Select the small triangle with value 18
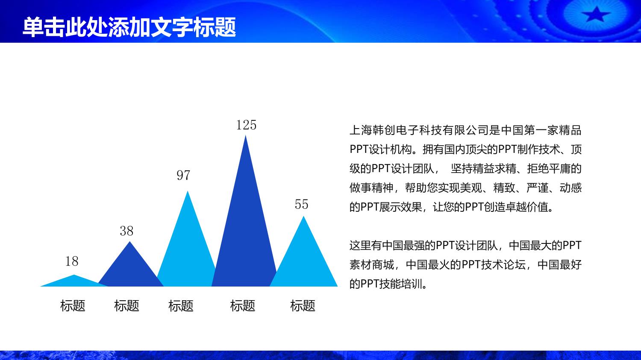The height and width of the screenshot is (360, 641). (x=74, y=282)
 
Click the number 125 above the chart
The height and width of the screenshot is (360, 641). (x=246, y=125)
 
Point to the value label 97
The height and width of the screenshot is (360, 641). (x=183, y=175)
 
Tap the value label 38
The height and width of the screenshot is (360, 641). (x=126, y=231)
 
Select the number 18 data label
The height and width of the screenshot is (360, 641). (x=71, y=261)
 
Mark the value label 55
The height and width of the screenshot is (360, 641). (x=302, y=205)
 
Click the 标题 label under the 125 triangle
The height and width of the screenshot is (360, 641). (x=243, y=306)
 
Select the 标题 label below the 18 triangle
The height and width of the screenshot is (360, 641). (x=73, y=306)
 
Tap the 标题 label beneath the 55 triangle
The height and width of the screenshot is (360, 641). (x=303, y=306)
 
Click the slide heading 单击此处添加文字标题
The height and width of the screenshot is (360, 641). (x=129, y=27)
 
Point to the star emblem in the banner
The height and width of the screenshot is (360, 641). (x=596, y=14)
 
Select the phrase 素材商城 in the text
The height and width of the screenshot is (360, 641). (x=372, y=265)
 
